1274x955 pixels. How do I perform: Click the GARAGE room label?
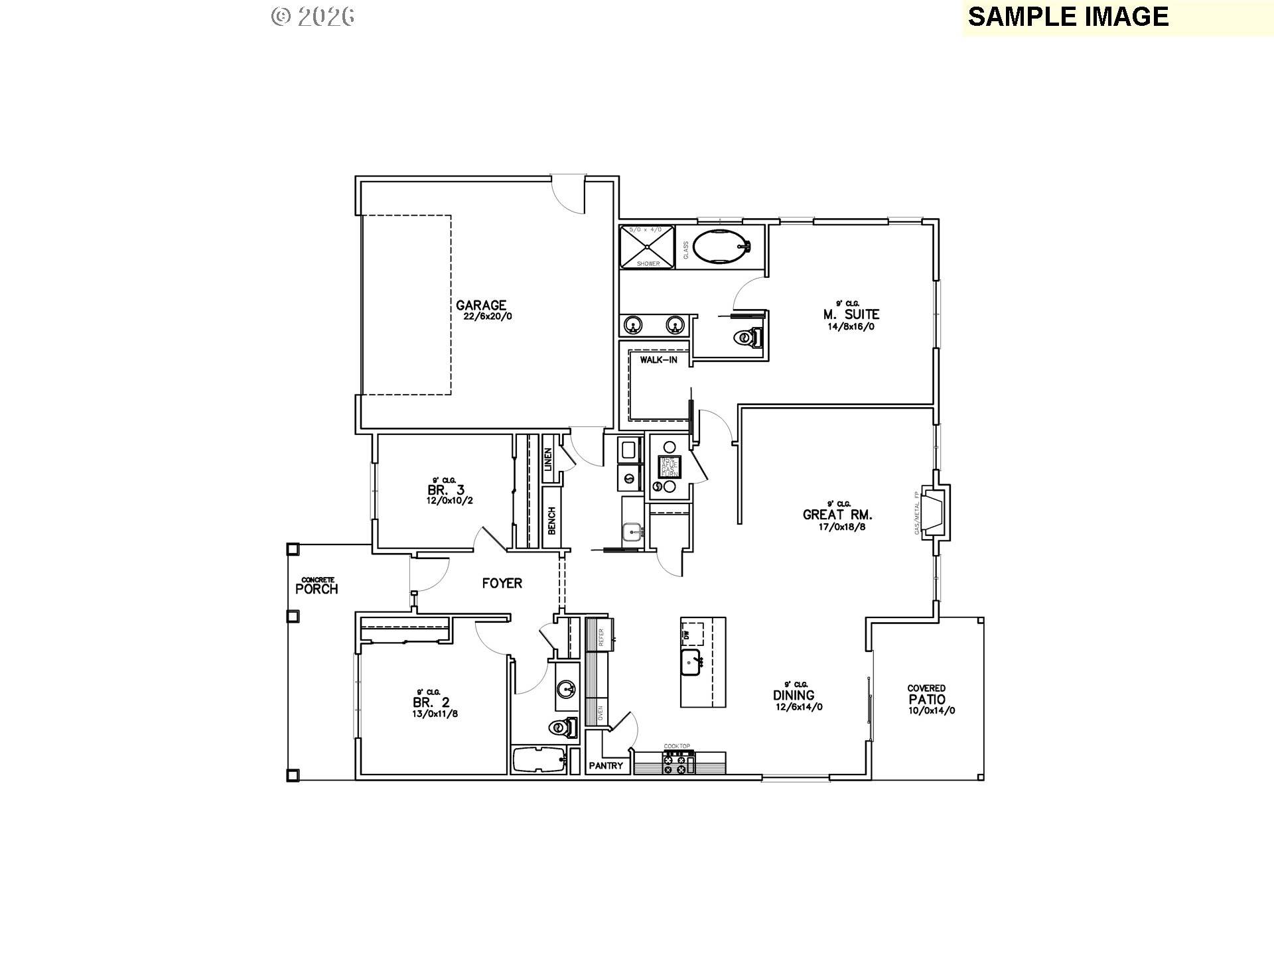(x=481, y=306)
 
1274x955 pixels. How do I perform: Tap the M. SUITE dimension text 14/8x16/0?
(x=851, y=326)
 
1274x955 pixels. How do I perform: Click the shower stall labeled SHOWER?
(x=647, y=247)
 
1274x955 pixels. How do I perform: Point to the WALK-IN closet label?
(x=658, y=360)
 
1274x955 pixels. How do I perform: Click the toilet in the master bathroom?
(x=748, y=338)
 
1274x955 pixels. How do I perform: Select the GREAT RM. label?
(x=837, y=515)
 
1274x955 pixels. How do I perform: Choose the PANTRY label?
(x=606, y=766)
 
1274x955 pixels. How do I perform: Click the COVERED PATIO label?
(x=927, y=698)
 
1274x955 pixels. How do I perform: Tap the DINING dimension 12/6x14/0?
(x=799, y=707)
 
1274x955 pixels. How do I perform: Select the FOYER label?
(x=502, y=584)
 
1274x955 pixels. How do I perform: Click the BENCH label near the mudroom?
(x=551, y=521)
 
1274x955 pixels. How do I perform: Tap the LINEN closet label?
(x=548, y=460)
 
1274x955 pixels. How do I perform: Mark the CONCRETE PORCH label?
(x=317, y=588)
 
